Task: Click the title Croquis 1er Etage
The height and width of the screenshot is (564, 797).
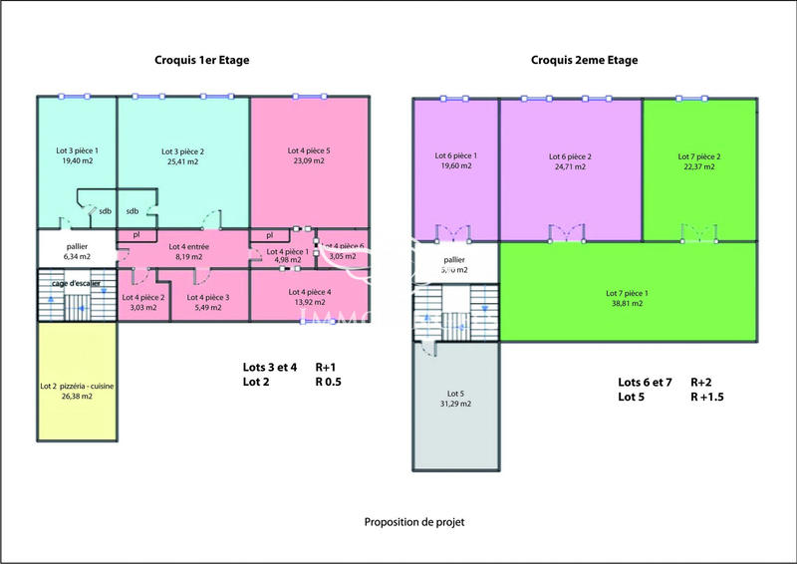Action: click(x=201, y=60)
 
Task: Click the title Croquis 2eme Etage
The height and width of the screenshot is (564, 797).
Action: click(x=586, y=60)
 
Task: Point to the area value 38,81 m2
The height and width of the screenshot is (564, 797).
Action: click(x=627, y=304)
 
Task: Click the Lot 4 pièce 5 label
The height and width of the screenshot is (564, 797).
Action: click(x=310, y=150)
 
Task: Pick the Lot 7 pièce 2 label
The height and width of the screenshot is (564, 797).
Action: click(x=699, y=156)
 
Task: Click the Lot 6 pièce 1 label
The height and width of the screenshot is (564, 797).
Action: click(x=455, y=156)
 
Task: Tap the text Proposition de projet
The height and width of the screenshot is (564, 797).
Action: click(x=414, y=521)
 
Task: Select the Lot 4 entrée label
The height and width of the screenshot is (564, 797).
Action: click(x=188, y=246)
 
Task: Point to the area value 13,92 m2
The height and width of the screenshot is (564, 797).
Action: click(x=310, y=303)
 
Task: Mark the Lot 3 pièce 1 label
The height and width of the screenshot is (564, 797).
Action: click(x=77, y=150)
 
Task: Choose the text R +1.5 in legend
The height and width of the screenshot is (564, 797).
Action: click(x=708, y=396)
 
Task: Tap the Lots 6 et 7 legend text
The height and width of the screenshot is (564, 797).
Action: click(x=647, y=382)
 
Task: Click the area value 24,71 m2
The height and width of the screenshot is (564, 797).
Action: click(x=570, y=167)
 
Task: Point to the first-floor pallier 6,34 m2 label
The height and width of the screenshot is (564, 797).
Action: click(x=77, y=250)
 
